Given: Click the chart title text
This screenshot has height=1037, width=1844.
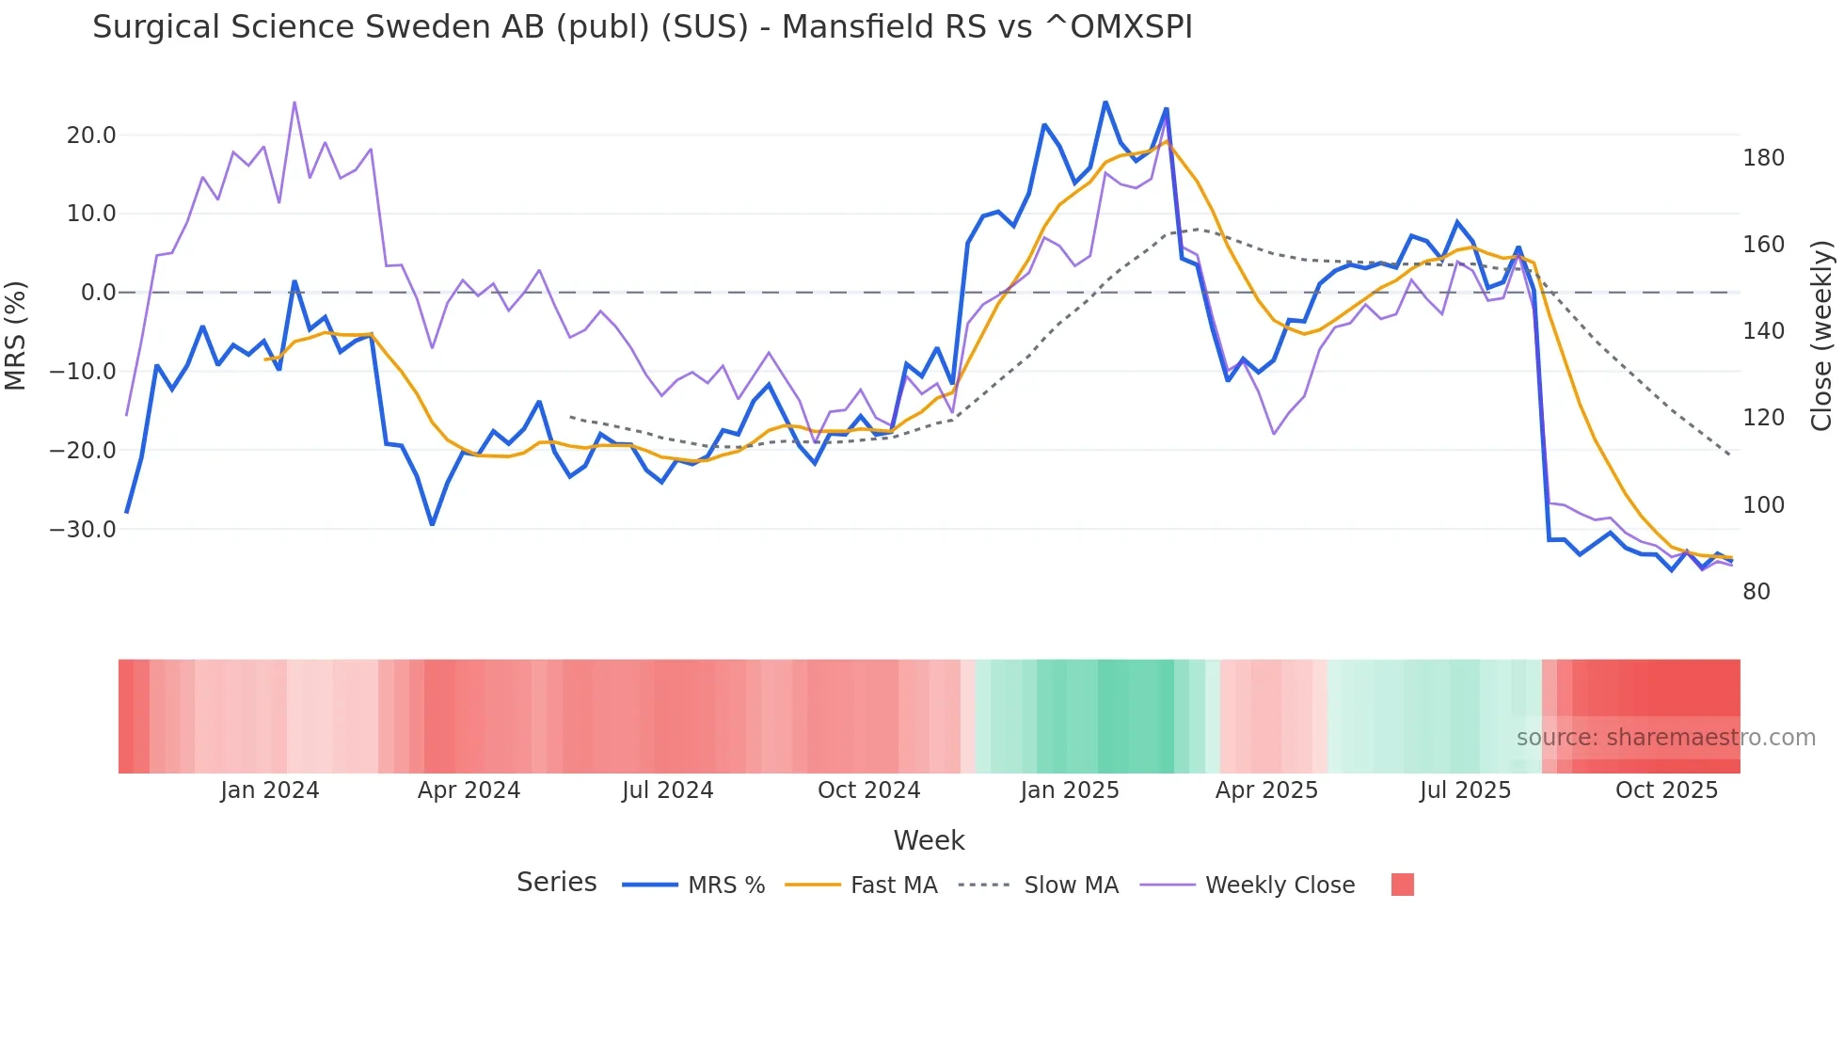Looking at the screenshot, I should (642, 27).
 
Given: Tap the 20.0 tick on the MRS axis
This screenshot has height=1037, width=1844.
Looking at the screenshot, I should (91, 136).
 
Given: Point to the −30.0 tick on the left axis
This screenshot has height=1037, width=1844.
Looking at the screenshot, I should (84, 530).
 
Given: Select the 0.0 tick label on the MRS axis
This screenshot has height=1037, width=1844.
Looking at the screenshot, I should (98, 293).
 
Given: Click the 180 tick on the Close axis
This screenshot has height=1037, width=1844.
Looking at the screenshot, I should (1763, 158).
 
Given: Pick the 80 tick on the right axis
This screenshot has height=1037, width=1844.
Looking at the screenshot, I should (1757, 592).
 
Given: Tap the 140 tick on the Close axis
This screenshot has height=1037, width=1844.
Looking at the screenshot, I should (1763, 331).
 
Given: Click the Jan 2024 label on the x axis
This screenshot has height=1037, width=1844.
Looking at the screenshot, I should (270, 790).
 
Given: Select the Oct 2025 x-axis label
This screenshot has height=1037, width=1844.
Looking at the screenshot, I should (1666, 790).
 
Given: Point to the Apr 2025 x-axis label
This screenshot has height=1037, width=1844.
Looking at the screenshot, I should (1266, 790).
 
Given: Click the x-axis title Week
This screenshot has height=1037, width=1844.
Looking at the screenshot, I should (929, 840).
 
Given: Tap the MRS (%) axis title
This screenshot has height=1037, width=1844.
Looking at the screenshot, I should (15, 335).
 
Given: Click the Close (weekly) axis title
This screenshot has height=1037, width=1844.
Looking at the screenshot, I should (1821, 335).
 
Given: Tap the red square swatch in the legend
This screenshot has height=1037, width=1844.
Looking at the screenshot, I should (1402, 885).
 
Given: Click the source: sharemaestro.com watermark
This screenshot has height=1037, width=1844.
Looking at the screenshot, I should (1665, 738).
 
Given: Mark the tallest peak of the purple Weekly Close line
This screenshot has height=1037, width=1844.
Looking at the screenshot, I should (294, 103).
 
